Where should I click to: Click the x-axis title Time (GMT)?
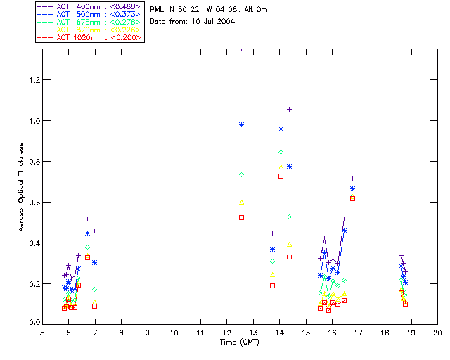coord(240,342)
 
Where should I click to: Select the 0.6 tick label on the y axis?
coord(32,202)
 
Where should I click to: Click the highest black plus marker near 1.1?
coord(281,101)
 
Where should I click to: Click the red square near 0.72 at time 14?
coord(281,176)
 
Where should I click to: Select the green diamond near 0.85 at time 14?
coord(281,152)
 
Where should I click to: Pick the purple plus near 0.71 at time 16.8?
coord(352,179)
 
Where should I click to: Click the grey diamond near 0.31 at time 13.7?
coord(272,261)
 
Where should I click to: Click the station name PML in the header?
coord(157,10)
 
